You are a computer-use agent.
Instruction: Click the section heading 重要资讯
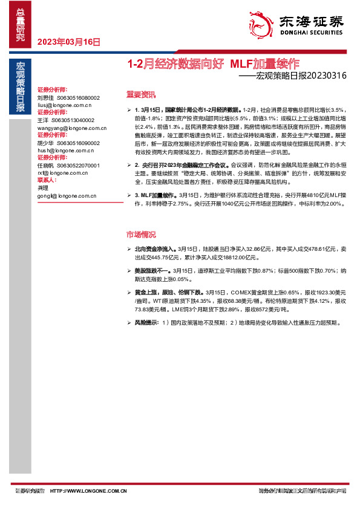pyautogui.click(x=140, y=94)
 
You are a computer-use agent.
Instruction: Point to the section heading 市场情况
pyautogui.click(x=140, y=234)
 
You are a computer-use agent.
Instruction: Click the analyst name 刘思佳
pyautogui.click(x=45, y=97)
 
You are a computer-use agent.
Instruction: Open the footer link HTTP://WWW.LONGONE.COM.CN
pyautogui.click(x=88, y=490)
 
